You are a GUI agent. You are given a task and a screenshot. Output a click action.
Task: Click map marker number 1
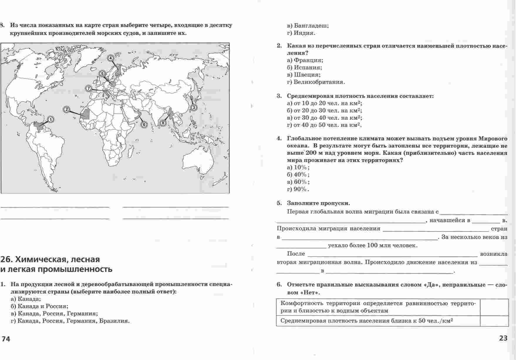[x=51, y=119]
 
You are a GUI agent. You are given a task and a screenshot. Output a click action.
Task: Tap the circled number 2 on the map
[x=67, y=110]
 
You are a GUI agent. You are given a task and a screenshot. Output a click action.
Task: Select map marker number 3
[x=194, y=108]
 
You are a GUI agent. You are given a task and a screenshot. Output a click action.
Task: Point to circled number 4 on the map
[x=110, y=58]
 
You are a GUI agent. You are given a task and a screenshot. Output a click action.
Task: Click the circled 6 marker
[x=144, y=124]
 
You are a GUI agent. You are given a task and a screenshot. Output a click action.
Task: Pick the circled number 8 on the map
[x=163, y=123]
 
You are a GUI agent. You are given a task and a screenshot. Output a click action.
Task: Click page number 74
[x=6, y=339]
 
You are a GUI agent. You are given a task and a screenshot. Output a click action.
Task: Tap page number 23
[x=503, y=338]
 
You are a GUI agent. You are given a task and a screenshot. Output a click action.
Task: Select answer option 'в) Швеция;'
[x=303, y=75]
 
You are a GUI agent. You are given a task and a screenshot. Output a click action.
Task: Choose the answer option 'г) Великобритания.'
[x=316, y=82]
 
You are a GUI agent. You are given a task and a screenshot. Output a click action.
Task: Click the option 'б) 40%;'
[x=298, y=175]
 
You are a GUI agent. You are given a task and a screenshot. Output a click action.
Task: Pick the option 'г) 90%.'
[x=298, y=189]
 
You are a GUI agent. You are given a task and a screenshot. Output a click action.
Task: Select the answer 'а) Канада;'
[x=26, y=299]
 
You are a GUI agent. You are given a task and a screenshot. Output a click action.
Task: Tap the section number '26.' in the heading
[x=6, y=259]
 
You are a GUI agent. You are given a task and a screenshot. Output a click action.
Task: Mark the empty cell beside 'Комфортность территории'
[x=494, y=307]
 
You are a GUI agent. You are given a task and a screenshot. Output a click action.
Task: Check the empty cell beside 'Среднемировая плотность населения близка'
[x=494, y=321]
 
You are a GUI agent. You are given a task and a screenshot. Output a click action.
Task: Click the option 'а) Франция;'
[x=305, y=60]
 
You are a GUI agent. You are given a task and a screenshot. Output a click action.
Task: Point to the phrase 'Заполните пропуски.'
[x=318, y=203]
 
